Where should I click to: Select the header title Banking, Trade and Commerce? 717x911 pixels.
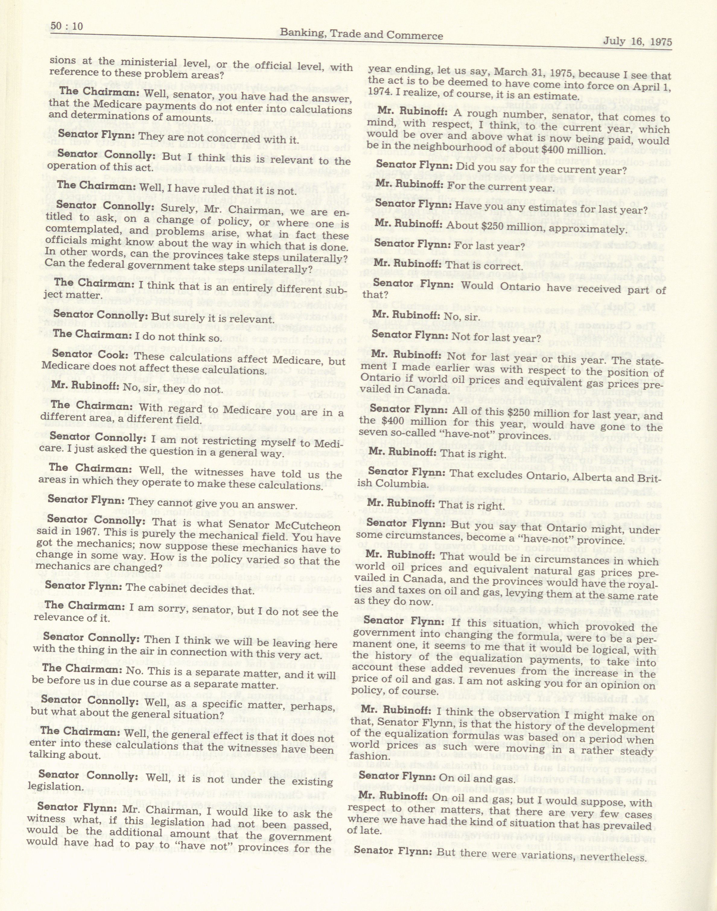click(x=361, y=35)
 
